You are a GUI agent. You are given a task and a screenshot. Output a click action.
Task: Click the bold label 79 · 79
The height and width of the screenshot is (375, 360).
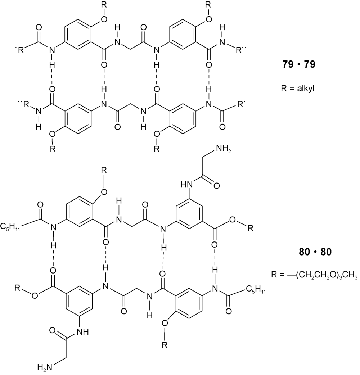[x=298, y=64]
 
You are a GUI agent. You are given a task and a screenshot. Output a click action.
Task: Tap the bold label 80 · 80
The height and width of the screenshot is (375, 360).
[x=315, y=252]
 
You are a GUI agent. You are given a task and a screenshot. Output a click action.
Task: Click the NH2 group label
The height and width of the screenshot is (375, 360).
[x=224, y=149]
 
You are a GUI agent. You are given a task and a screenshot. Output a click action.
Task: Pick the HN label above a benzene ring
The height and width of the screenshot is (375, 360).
[x=186, y=185]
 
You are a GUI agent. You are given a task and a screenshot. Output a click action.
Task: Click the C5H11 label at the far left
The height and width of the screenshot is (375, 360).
[x=10, y=227]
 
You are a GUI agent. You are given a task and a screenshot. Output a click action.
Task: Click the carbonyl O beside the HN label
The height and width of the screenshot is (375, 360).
[x=216, y=186]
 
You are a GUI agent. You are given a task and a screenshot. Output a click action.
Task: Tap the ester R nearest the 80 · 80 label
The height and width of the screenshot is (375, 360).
[x=250, y=228]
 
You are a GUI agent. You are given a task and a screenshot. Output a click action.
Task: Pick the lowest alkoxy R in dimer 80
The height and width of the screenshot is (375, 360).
[x=165, y=345]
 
